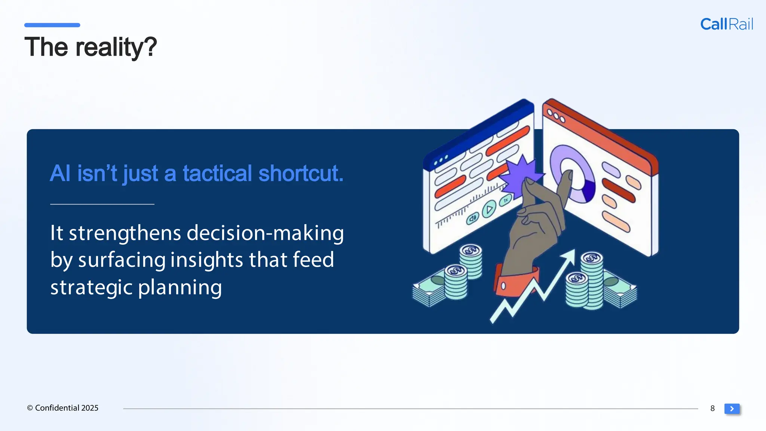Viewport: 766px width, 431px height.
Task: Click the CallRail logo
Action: (x=726, y=24)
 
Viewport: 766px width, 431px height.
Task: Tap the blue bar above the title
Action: (x=52, y=25)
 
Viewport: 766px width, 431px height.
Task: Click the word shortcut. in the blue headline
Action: (x=301, y=173)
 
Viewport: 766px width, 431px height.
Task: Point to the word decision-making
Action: (x=265, y=233)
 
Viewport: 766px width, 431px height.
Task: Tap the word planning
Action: (x=180, y=287)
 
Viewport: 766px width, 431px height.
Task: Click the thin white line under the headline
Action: (x=102, y=204)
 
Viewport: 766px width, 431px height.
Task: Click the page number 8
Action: (x=713, y=409)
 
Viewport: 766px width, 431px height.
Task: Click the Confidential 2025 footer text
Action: (x=63, y=408)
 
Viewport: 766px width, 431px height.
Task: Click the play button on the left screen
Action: (x=489, y=209)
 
